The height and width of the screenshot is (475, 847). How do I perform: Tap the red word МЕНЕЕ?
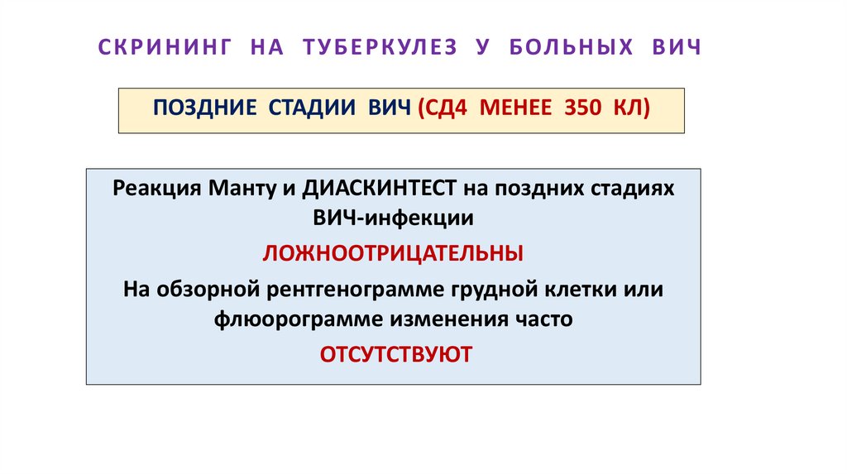click(518, 109)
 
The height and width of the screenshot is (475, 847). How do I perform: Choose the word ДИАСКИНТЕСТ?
click(380, 188)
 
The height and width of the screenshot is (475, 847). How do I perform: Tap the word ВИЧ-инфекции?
click(393, 219)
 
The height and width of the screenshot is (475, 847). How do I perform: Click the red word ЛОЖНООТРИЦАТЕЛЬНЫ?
click(393, 252)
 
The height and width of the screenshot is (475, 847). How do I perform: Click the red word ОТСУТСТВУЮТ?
click(395, 354)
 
